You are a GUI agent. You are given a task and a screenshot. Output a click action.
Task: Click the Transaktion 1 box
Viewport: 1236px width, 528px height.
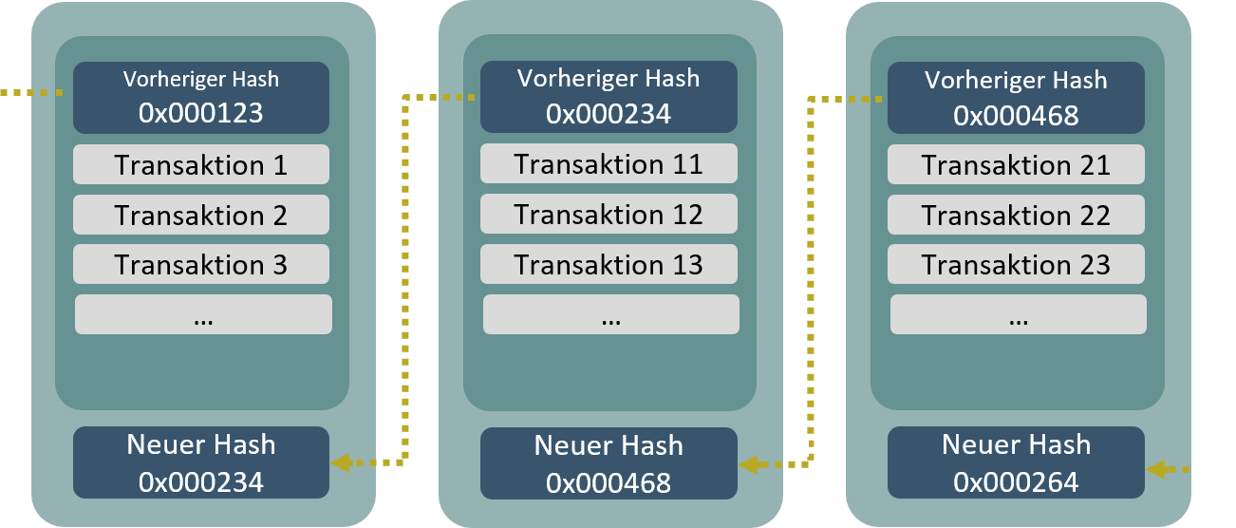pos(201,164)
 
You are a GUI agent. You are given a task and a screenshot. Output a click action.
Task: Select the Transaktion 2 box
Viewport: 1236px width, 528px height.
pos(201,215)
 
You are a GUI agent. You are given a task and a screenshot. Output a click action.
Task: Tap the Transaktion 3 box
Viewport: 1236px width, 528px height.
pos(201,264)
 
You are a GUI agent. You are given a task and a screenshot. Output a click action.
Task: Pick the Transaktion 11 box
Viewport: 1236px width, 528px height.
pos(609,163)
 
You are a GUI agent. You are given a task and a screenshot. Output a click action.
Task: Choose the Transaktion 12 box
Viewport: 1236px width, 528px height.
pos(609,214)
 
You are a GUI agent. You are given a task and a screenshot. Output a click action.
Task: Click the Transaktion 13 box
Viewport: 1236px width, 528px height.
pos(609,264)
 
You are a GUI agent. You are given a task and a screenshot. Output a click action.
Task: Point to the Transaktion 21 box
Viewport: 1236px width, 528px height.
pos(1016,164)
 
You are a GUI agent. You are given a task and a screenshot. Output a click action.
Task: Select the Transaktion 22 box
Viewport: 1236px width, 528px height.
pos(1016,215)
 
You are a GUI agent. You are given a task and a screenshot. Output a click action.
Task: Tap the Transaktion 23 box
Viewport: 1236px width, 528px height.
pos(1016,264)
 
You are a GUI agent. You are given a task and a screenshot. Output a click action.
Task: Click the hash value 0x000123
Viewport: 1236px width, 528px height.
pos(201,114)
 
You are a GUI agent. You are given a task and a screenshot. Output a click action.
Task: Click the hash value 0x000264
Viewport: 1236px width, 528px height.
pos(1016,482)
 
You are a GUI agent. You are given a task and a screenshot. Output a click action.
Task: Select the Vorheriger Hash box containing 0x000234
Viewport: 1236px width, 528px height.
pos(609,97)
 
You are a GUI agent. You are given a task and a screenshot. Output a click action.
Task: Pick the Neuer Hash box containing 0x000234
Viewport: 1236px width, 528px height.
pos(201,462)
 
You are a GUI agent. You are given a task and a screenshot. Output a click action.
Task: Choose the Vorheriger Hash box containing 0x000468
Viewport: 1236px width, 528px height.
pos(1016,98)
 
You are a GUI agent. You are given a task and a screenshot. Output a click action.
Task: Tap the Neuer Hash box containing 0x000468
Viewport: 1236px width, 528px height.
pos(609,463)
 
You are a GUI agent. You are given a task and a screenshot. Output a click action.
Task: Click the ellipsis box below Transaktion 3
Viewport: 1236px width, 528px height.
pos(203,314)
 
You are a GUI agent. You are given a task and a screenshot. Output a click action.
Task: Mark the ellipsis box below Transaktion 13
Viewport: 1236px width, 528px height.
pos(610,314)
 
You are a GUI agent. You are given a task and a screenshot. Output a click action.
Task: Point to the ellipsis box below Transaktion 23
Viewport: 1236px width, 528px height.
pos(1018,314)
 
